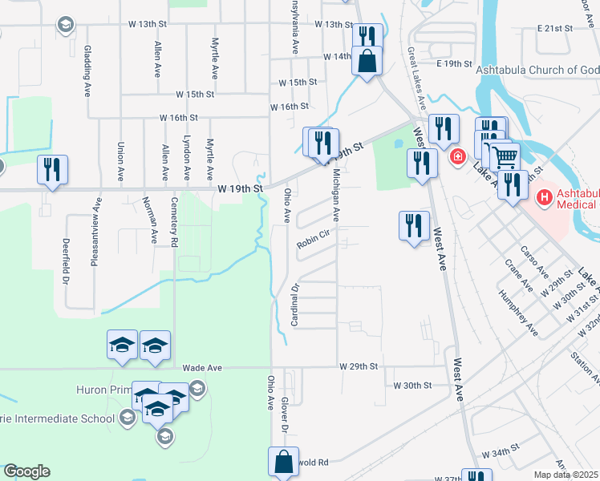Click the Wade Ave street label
[202, 367]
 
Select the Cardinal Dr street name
[295, 305]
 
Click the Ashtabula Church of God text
[537, 70]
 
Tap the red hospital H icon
[545, 196]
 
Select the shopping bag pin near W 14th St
[367, 60]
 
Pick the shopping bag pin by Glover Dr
[283, 461]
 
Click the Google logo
[26, 471]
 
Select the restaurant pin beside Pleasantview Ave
[52, 169]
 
